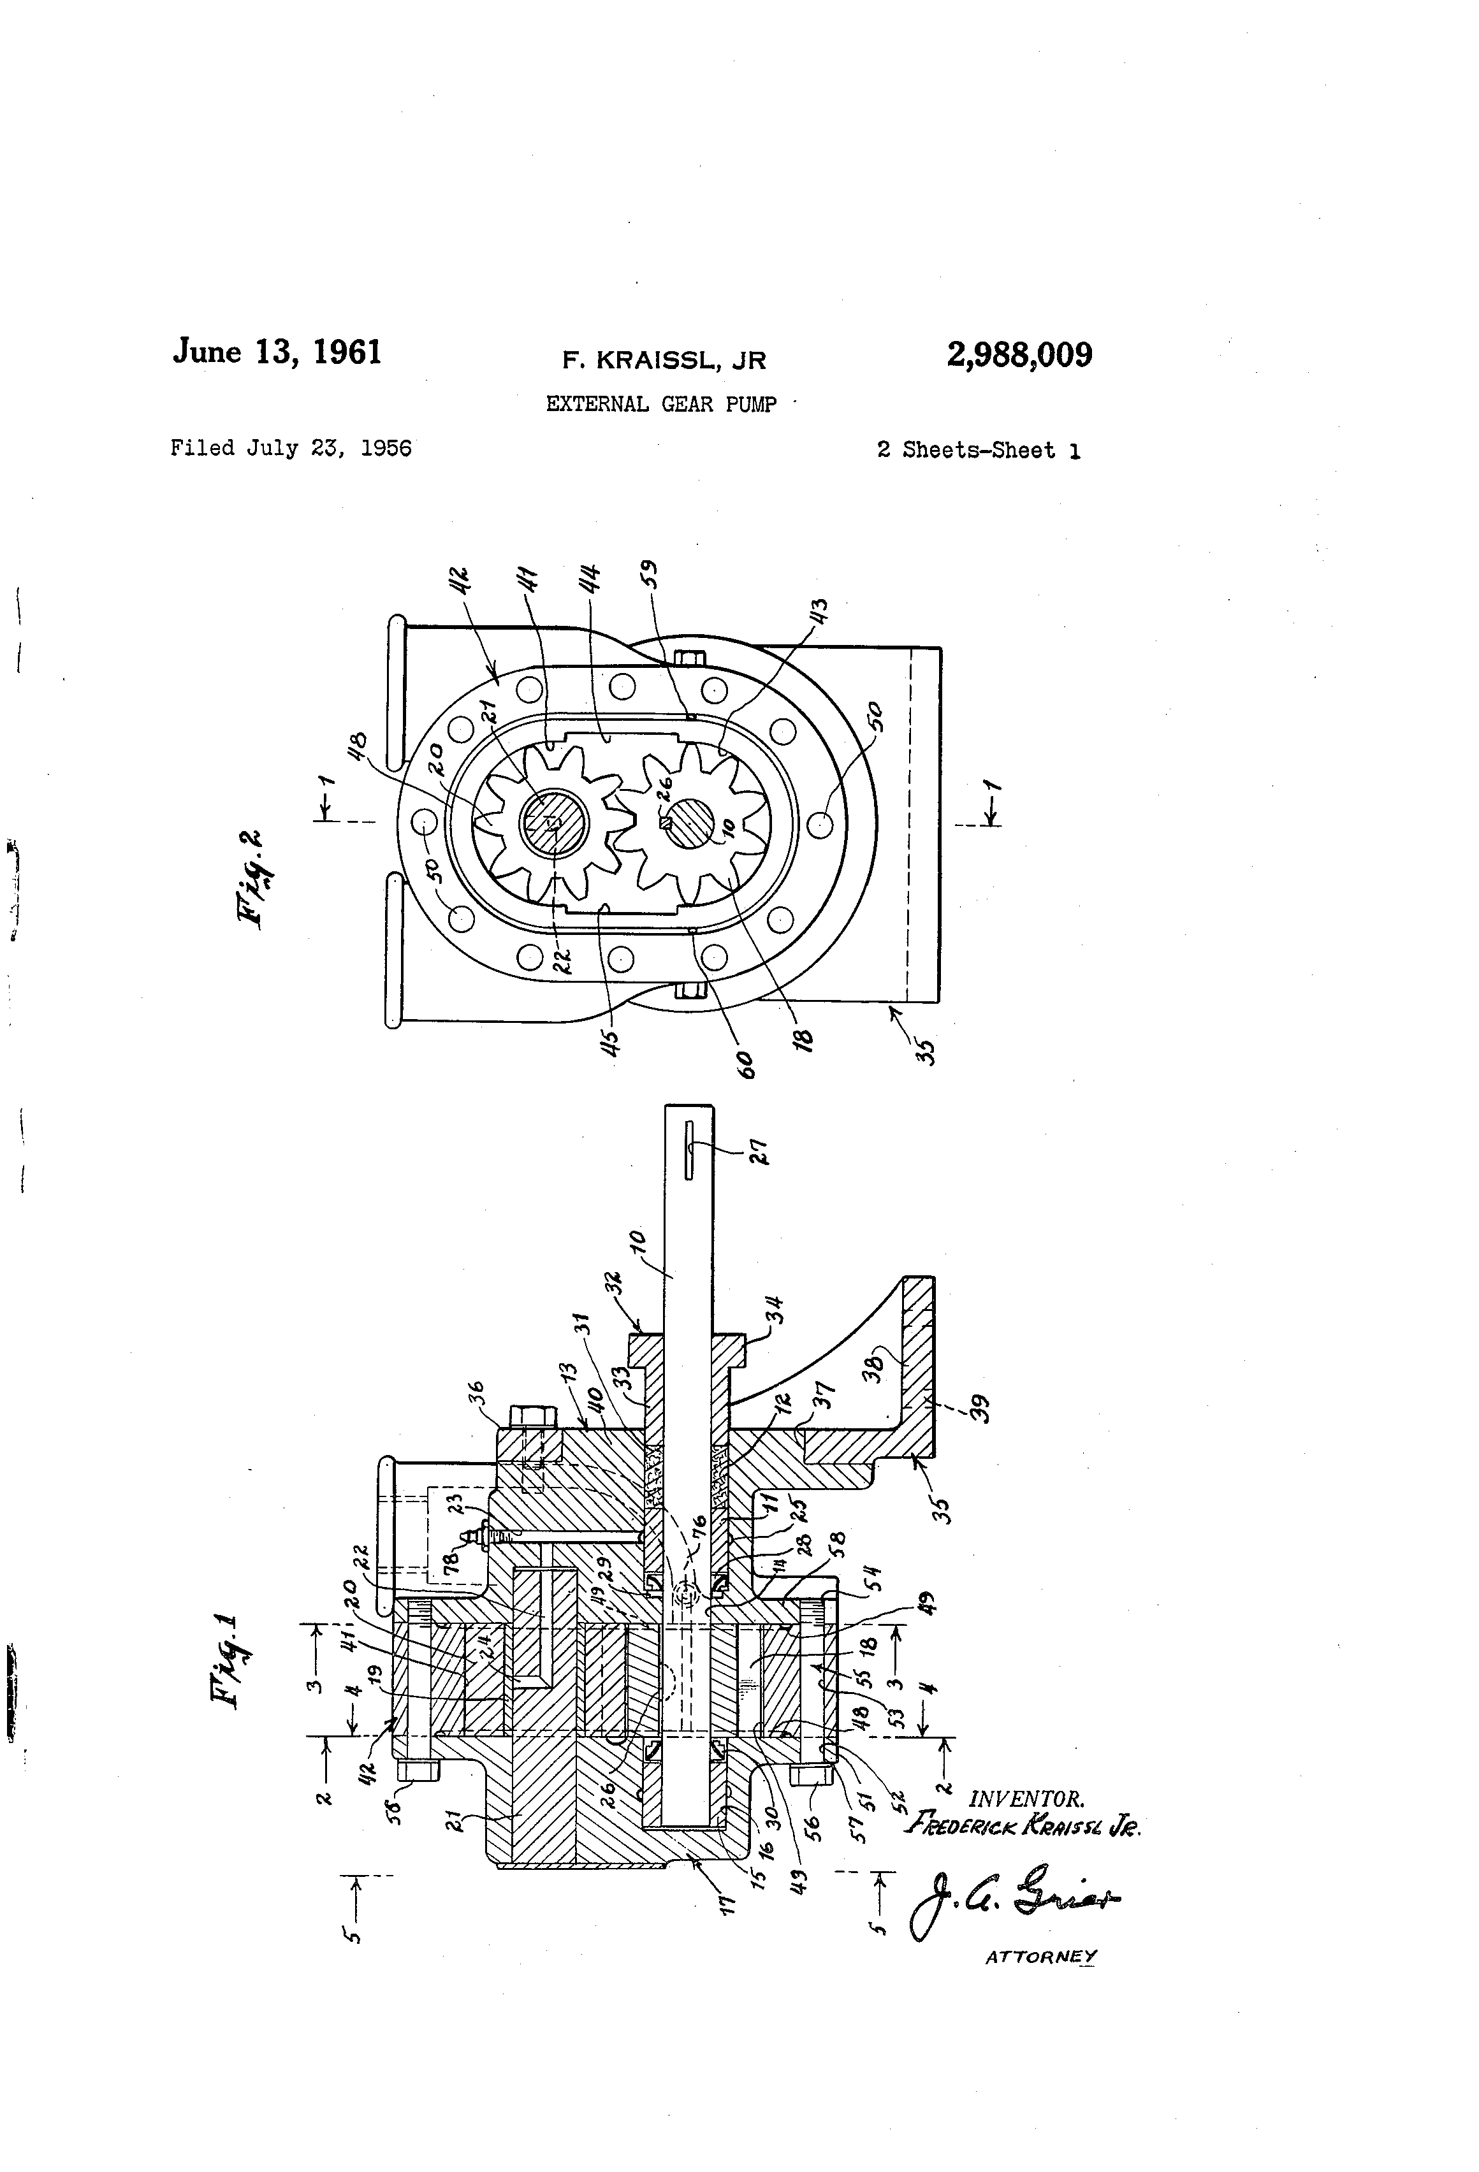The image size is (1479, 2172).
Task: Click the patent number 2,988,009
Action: tap(1019, 355)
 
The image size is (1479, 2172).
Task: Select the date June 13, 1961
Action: tap(277, 352)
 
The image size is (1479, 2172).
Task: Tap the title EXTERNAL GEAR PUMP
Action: tap(661, 405)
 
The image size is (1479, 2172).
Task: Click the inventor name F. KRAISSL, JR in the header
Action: tap(663, 361)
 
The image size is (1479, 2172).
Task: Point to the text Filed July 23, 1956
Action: tap(291, 449)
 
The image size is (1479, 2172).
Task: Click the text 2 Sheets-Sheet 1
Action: tap(978, 451)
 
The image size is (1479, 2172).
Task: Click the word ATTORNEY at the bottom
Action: tap(1040, 1957)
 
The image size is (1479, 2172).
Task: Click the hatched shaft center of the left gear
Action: tap(551, 822)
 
